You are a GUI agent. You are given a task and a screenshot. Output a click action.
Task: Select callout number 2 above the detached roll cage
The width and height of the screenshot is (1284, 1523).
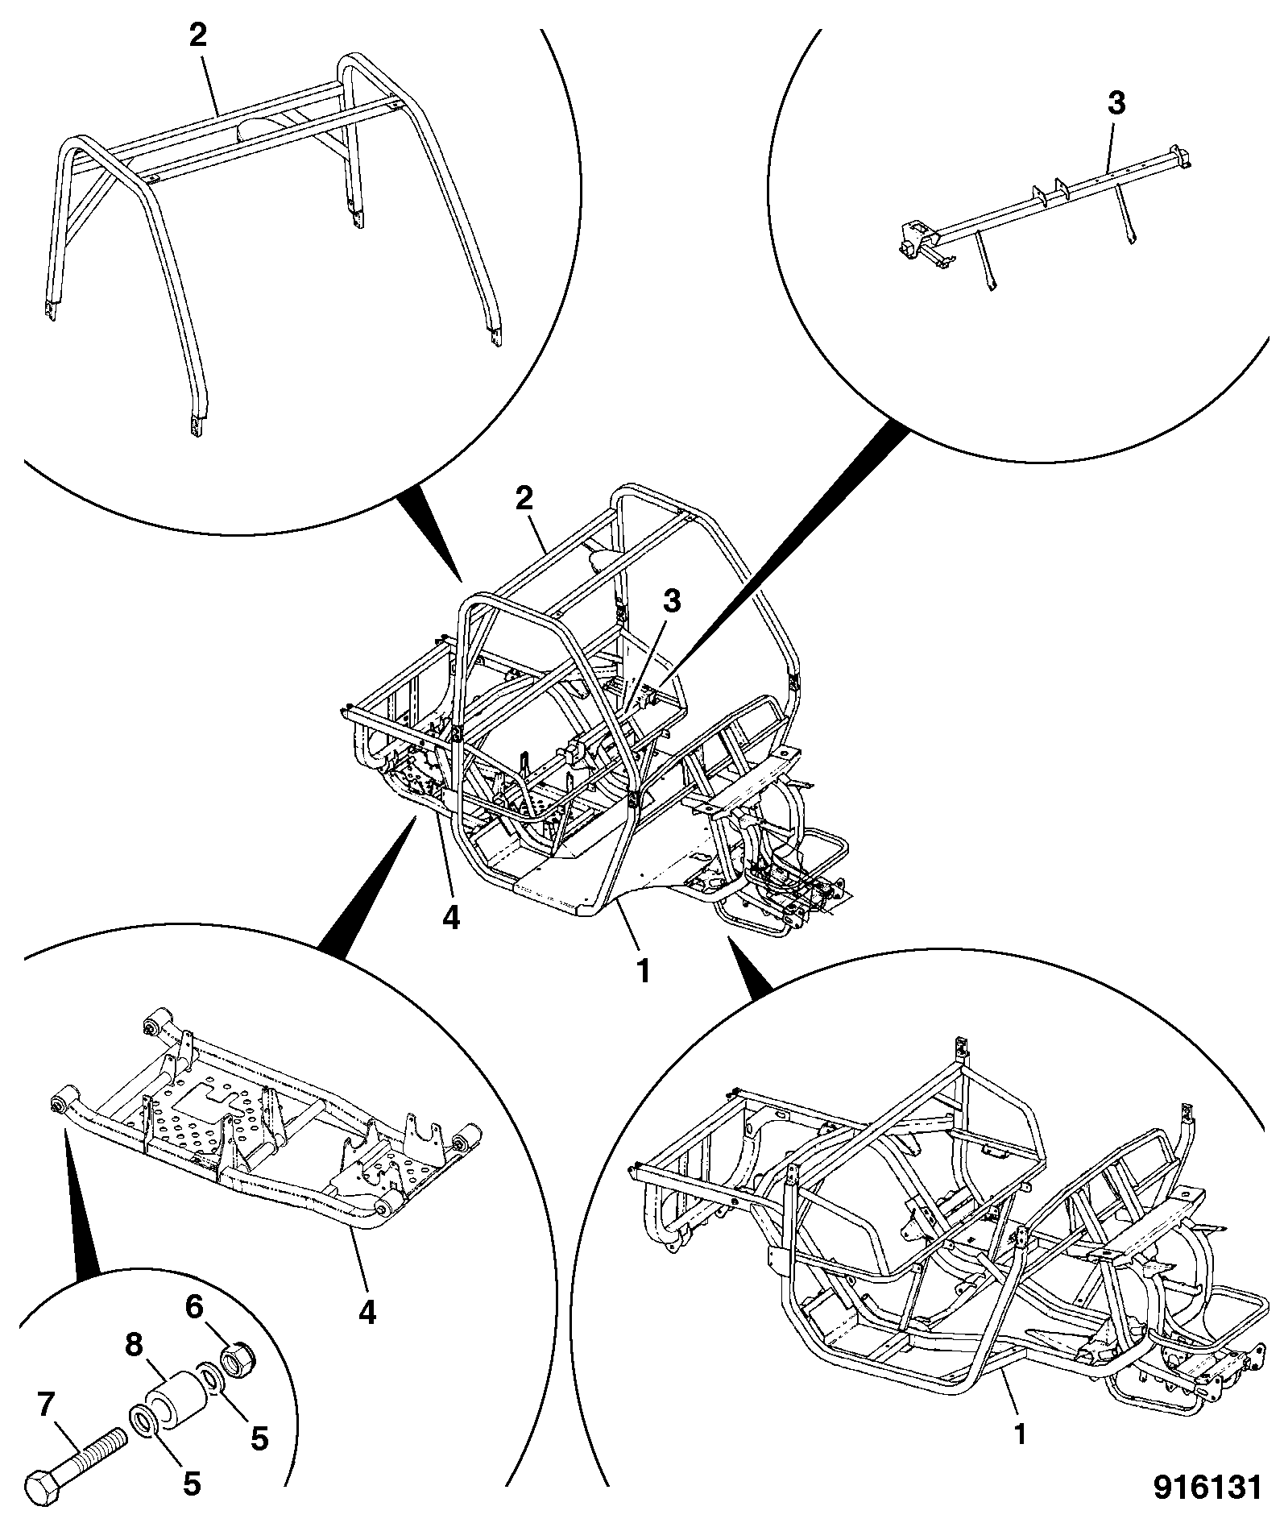click(197, 35)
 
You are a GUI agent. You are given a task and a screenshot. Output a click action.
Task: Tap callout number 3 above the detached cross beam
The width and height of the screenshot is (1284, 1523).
click(1116, 104)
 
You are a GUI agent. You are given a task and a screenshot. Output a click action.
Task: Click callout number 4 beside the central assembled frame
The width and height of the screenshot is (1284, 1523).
click(451, 918)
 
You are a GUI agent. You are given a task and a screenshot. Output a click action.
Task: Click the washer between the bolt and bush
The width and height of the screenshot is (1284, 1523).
click(142, 1425)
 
